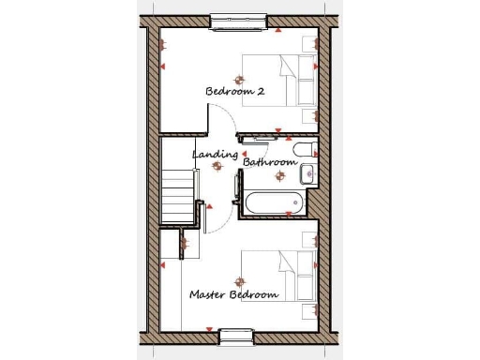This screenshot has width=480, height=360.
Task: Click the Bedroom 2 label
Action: (235, 92)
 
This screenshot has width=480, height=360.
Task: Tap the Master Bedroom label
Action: (233, 294)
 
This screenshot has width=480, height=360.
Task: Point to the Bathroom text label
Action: (270, 162)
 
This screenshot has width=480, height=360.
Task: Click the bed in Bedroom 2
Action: (279, 79)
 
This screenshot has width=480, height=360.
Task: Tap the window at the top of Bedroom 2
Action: (239, 20)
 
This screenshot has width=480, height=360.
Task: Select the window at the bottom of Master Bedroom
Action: (235, 335)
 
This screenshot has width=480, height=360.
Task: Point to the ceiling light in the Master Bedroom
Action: (239, 280)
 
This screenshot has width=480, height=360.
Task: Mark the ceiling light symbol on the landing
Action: (217, 165)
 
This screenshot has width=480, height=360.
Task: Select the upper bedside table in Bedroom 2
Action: (308, 43)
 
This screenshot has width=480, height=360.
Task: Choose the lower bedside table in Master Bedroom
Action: (308, 309)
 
